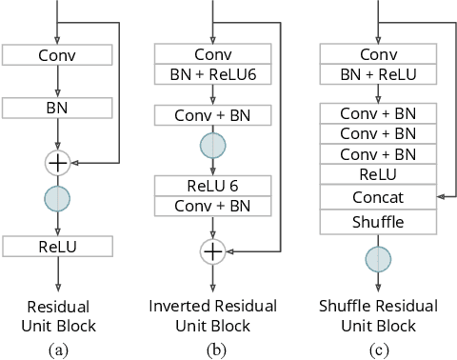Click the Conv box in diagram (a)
[58, 54]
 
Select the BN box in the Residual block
[58, 110]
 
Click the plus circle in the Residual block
[58, 163]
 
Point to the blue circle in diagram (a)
[58, 199]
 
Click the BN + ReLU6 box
[212, 74]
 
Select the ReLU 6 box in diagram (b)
[212, 185]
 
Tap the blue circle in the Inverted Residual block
[212, 145]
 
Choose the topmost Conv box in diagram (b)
[212, 54]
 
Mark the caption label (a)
[58, 349]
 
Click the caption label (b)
[212, 349]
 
